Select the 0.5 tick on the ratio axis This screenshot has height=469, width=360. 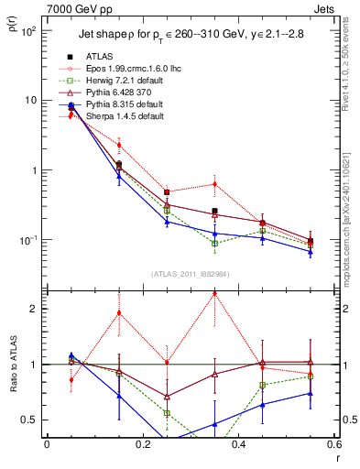pos(33,420)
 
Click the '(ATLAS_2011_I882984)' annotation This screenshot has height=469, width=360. pos(190,275)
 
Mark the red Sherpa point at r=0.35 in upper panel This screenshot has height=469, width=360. pos(214,184)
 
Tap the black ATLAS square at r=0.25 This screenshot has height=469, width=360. pos(167,192)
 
